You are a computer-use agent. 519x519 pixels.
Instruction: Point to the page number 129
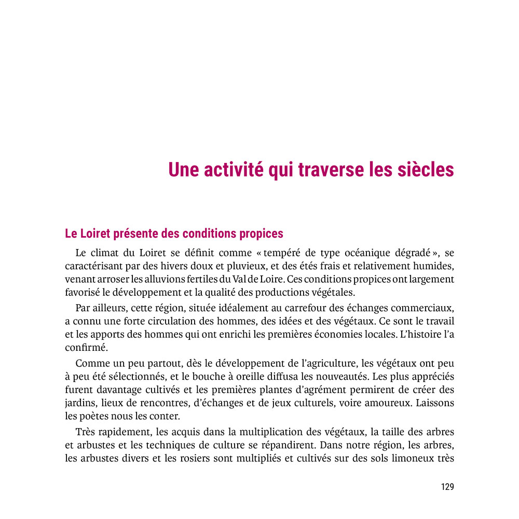pyautogui.click(x=447, y=487)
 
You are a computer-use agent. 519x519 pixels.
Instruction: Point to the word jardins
pyautogui.click(x=79, y=402)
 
